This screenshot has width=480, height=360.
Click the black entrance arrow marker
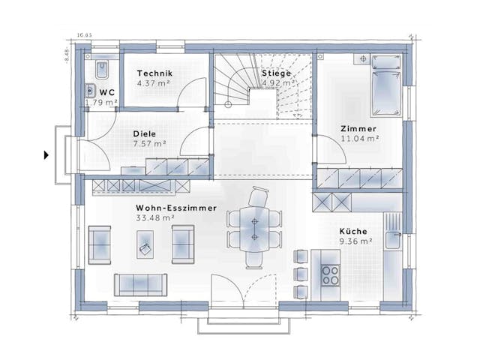pyautogui.click(x=46, y=155)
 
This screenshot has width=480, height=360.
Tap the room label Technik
pyautogui.click(x=155, y=73)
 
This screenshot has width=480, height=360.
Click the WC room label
pyautogui.click(x=107, y=92)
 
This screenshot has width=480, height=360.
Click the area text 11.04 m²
pyautogui.click(x=360, y=138)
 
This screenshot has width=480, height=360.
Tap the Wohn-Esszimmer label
pyautogui.click(x=176, y=207)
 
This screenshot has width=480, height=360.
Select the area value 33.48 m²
pyautogui.click(x=155, y=217)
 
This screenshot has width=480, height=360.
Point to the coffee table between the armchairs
pyautogui.click(x=143, y=242)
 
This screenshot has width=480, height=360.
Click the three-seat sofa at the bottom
pyautogui.click(x=141, y=283)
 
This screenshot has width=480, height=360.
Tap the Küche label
pyautogui.click(x=353, y=231)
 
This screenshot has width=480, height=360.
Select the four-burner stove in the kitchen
pyautogui.click(x=329, y=274)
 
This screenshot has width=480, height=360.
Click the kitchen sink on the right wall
pyautogui.click(x=391, y=240)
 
